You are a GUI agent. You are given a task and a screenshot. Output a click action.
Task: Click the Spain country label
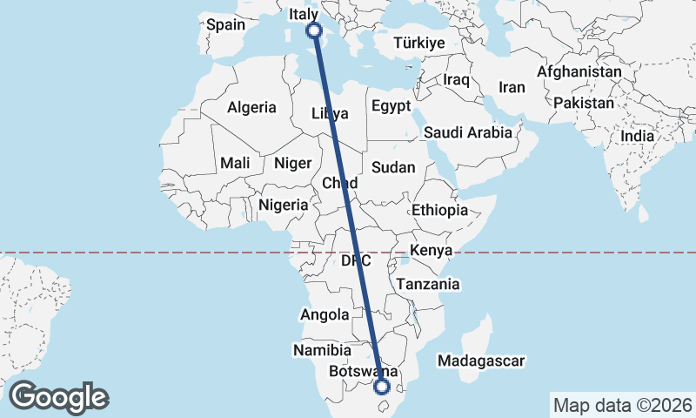(x=225, y=24)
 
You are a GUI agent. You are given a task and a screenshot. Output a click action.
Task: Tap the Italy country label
(x=304, y=15)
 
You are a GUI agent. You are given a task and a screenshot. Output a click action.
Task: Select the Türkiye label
(x=418, y=43)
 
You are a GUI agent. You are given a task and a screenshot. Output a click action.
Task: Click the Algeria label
(x=251, y=108)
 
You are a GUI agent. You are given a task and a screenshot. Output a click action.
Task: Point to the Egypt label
(x=390, y=106)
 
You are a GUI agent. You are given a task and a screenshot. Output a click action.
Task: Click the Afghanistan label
(x=579, y=71)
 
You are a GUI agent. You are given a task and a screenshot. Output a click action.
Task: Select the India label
(x=638, y=137)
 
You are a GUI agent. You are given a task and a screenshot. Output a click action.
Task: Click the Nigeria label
(x=284, y=206)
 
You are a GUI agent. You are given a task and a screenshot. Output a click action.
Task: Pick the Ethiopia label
(x=440, y=210)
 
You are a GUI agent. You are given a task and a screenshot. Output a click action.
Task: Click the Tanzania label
(x=427, y=284)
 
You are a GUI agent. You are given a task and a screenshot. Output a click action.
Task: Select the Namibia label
(x=321, y=349)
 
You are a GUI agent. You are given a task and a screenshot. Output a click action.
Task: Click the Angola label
(x=325, y=314)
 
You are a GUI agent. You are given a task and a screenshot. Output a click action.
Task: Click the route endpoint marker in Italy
(x=314, y=30)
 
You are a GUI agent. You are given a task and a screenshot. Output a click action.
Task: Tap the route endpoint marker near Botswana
(x=381, y=387)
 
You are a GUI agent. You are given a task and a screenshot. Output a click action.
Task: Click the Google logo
(x=58, y=396)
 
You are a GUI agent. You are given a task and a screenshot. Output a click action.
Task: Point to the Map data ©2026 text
(x=623, y=405)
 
